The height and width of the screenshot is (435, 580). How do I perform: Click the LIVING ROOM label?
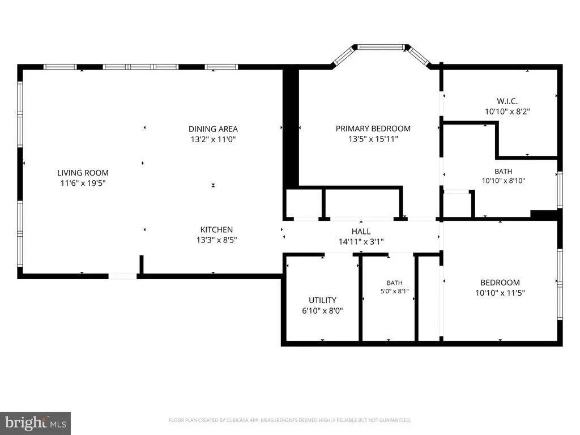click(x=83, y=173)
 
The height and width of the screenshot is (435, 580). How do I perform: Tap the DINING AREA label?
click(x=213, y=129)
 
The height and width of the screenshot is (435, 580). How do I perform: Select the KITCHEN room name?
click(x=216, y=230)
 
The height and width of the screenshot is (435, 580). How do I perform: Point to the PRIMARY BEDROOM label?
click(x=373, y=129)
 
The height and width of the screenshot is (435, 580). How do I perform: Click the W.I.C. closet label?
click(x=507, y=101)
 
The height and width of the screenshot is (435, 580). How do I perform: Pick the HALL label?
click(x=361, y=232)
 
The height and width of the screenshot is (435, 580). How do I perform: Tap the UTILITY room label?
click(x=322, y=300)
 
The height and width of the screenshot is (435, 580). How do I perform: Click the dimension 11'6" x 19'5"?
click(x=83, y=183)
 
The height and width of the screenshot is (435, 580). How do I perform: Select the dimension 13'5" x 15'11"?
click(x=373, y=139)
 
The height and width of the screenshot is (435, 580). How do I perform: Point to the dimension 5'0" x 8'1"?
click(x=395, y=292)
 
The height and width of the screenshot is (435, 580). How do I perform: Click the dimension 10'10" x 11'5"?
click(x=500, y=293)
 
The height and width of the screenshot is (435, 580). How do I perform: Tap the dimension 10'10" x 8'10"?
click(x=504, y=181)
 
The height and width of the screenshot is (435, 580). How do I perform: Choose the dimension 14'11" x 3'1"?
click(x=361, y=242)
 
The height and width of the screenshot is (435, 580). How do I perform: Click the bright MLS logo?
click(x=36, y=423)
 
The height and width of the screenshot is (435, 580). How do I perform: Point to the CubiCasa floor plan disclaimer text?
click(x=289, y=420)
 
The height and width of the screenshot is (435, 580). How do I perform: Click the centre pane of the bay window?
click(x=381, y=47)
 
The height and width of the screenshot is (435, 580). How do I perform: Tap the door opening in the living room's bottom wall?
click(x=122, y=276)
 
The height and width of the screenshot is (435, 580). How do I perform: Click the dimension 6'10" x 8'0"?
click(x=322, y=311)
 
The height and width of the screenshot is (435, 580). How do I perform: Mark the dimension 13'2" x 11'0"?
click(x=213, y=139)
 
